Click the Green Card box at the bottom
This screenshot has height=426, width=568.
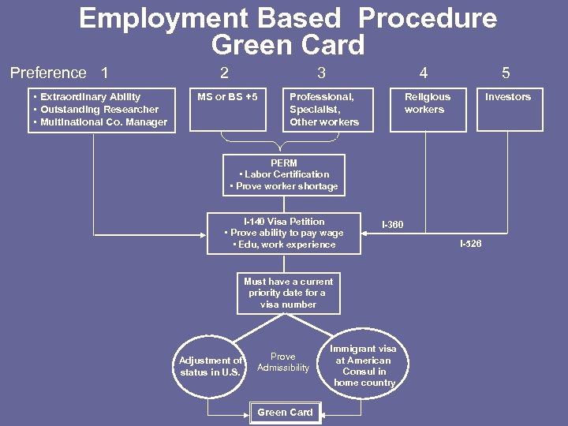[285, 412]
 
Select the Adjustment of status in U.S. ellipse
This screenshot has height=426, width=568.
[210, 366]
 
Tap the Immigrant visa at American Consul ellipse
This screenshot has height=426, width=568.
[364, 365]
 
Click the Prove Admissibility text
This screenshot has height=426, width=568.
[283, 362]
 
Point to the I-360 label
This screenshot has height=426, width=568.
[392, 225]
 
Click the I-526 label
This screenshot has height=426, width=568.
[470, 244]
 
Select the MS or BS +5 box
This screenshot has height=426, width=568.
[227, 109]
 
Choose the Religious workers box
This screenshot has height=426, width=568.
[427, 109]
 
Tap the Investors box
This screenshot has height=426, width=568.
[508, 109]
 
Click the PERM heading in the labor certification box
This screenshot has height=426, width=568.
[284, 163]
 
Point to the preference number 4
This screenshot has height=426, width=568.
[424, 73]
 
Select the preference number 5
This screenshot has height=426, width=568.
[506, 73]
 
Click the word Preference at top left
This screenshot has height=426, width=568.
[48, 73]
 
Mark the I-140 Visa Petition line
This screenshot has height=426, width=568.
[284, 222]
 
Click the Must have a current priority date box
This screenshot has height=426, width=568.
[288, 293]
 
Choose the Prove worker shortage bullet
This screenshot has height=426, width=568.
[284, 187]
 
